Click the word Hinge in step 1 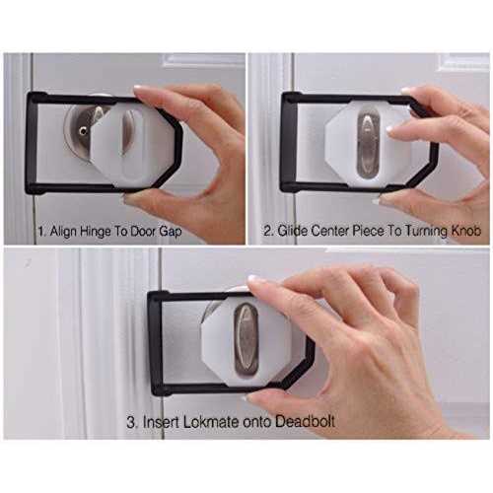pos(95,232)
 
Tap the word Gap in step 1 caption pos(171,232)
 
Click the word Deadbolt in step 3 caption pos(305,422)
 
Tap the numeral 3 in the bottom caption pos(130,422)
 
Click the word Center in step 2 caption pos(329,231)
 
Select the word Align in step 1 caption pos(63,232)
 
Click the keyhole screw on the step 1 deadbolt pos(82,131)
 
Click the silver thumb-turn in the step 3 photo pos(246,339)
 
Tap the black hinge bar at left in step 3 pos(156,343)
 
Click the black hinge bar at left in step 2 pos(289,142)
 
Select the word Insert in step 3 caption pos(161,422)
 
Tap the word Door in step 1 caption pos(143,232)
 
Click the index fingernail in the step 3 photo pos(253,280)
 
